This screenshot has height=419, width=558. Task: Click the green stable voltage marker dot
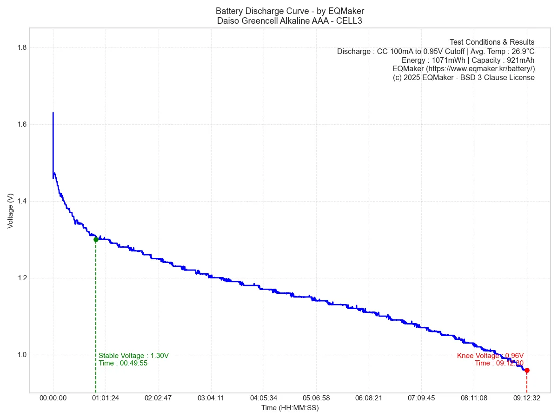click(x=96, y=239)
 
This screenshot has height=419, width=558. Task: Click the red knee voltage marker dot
click(x=527, y=371)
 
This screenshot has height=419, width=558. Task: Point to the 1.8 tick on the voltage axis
click(x=21, y=47)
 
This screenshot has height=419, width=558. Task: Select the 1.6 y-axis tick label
click(x=21, y=124)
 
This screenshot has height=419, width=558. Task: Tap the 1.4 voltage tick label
click(x=21, y=201)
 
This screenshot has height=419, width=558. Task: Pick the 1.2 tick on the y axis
click(x=21, y=278)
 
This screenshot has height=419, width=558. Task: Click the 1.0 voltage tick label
click(x=21, y=355)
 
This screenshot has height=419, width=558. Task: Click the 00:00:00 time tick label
click(x=53, y=399)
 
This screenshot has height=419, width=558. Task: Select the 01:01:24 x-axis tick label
click(x=106, y=399)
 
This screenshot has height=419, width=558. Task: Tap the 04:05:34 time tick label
click(x=264, y=399)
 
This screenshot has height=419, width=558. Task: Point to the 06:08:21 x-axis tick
click(x=369, y=399)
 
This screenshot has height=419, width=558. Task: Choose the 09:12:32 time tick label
click(x=527, y=399)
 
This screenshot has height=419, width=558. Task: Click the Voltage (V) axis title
click(x=10, y=210)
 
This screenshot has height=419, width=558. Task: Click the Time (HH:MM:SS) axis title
click(x=290, y=408)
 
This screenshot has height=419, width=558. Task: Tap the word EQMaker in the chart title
click(x=346, y=11)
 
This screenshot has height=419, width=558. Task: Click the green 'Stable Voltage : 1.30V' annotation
click(x=133, y=356)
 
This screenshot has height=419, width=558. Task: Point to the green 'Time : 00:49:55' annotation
click(x=123, y=363)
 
